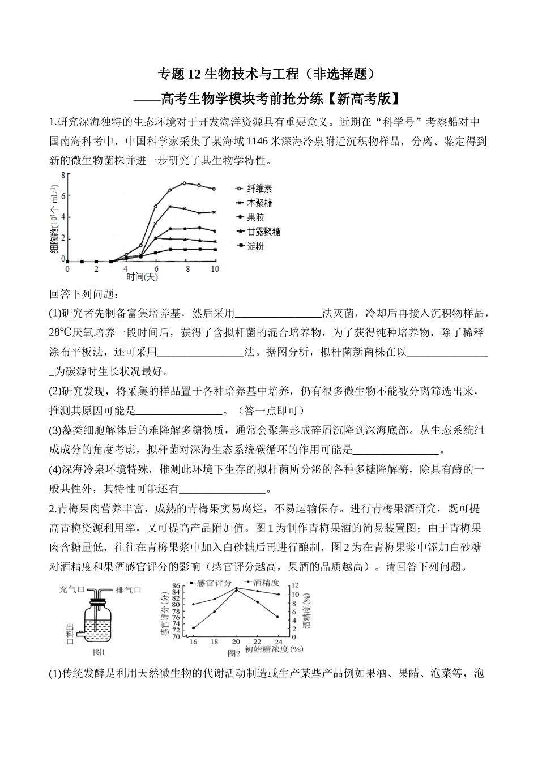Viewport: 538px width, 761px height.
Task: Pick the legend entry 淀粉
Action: coord(255,247)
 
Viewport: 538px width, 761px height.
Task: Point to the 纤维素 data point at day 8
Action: coord(185,183)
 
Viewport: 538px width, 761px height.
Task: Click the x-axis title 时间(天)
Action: coord(142,277)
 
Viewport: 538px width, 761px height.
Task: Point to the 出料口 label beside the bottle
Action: coord(70,634)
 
